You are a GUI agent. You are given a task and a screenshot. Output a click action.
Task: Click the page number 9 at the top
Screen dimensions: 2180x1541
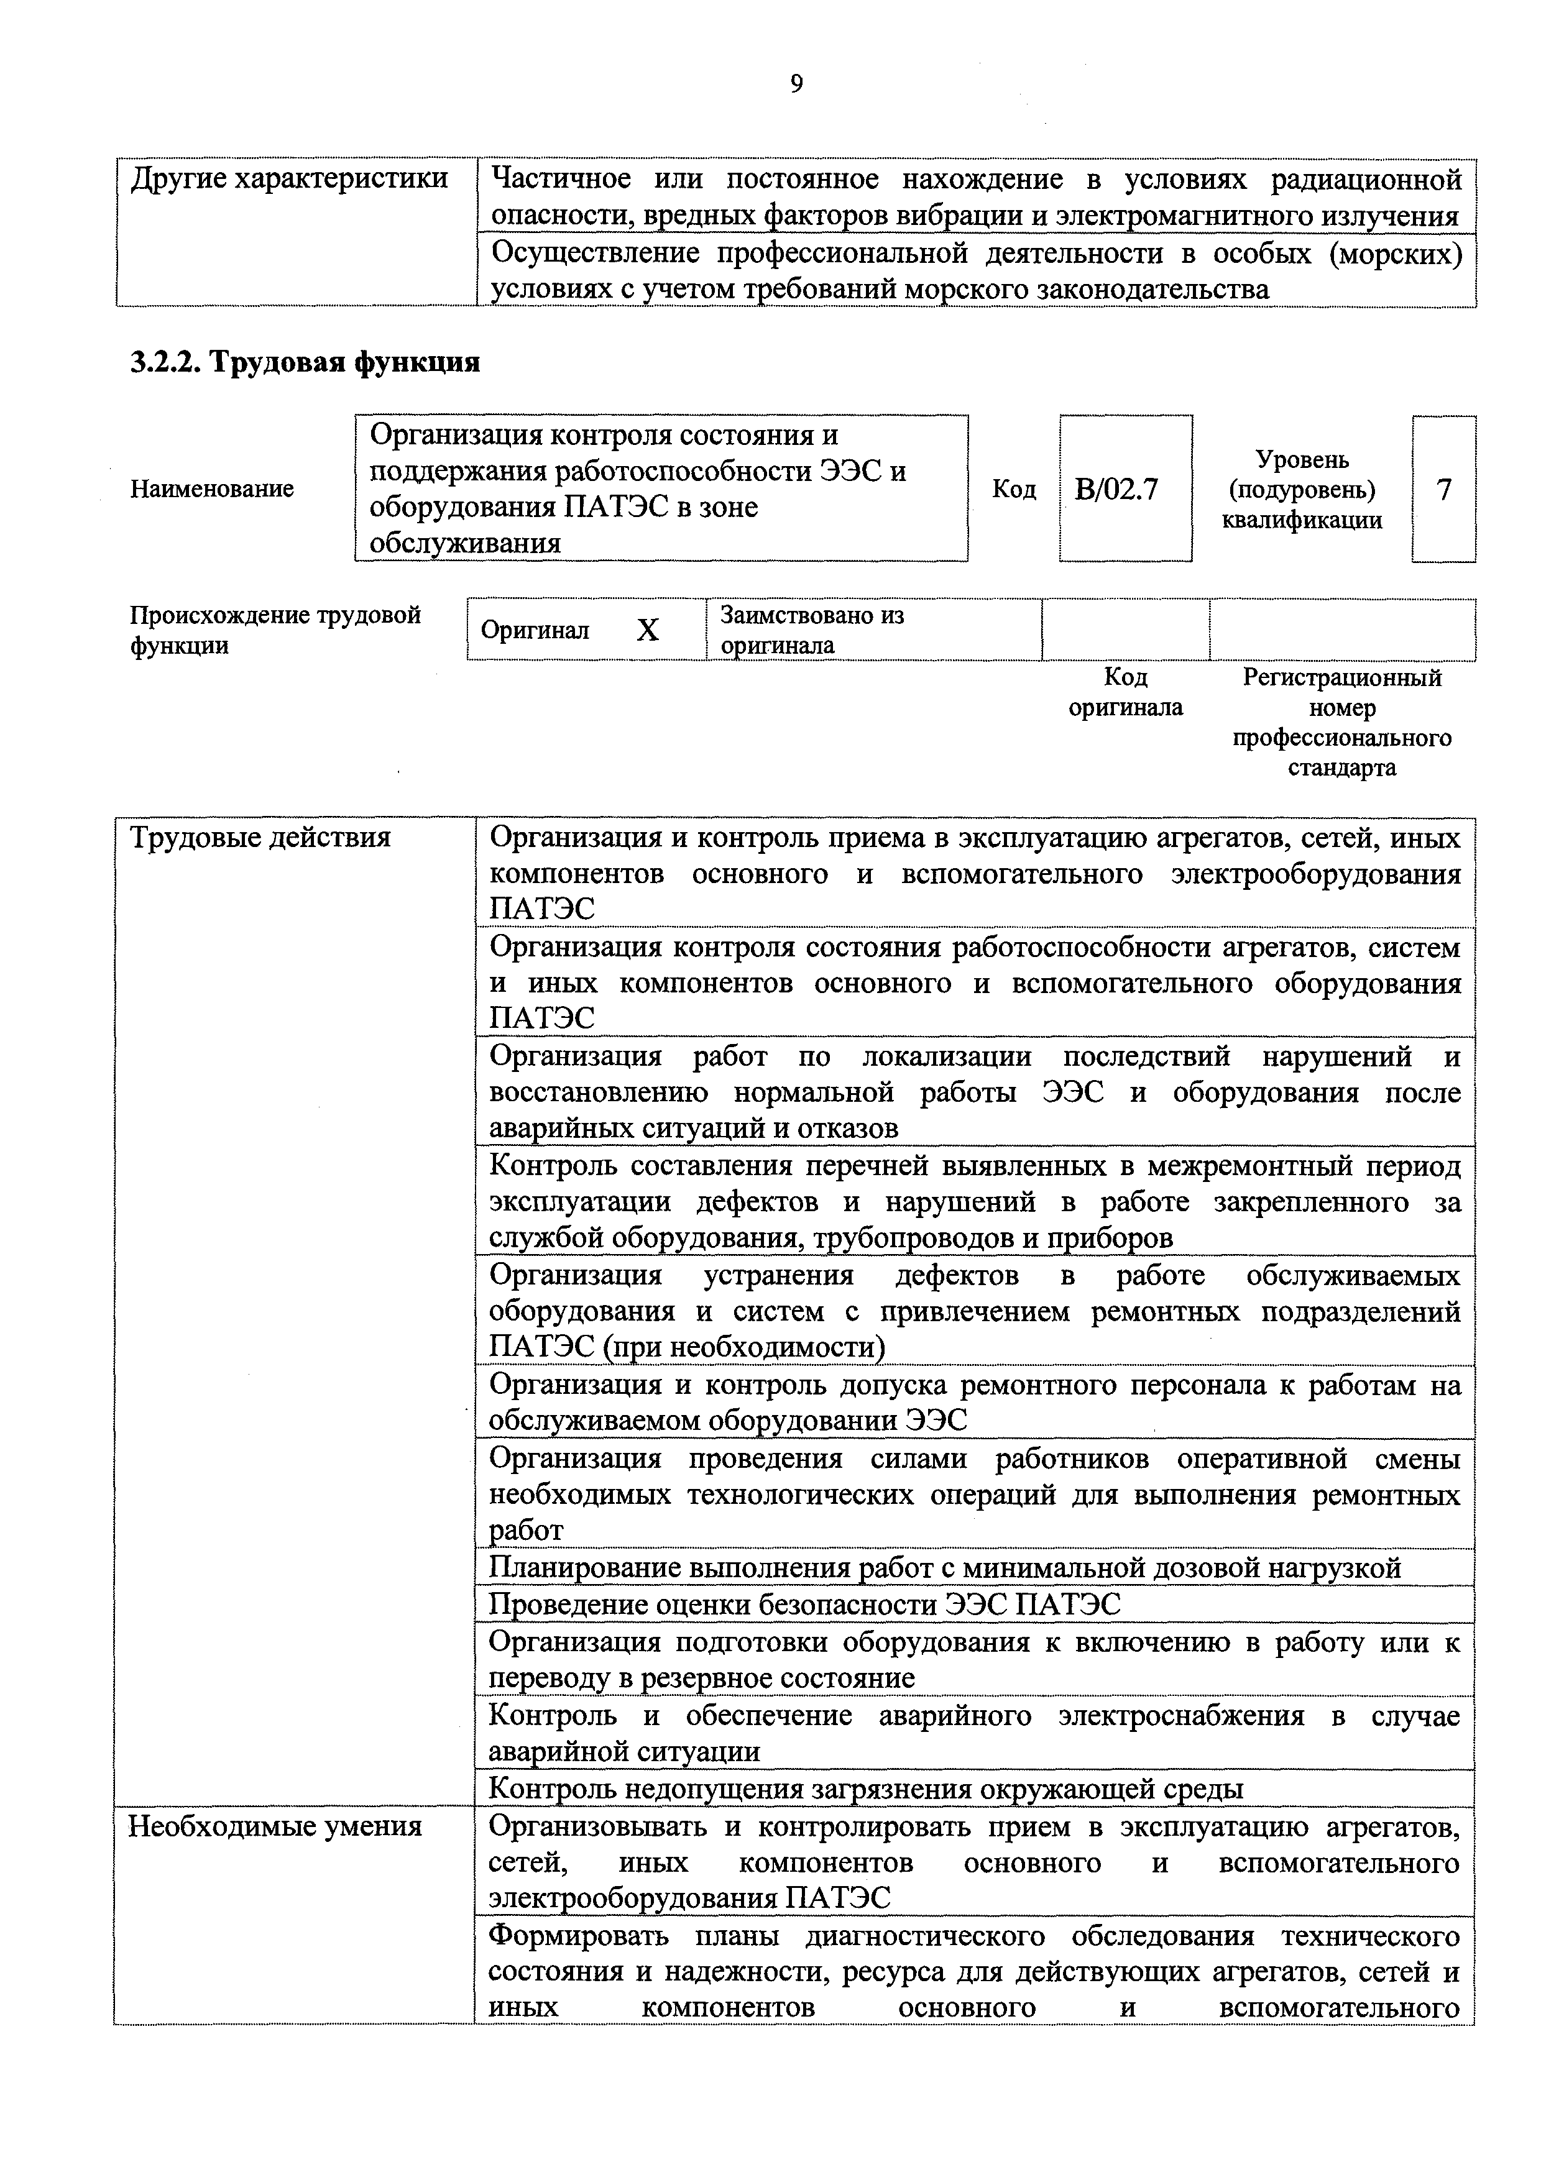796,85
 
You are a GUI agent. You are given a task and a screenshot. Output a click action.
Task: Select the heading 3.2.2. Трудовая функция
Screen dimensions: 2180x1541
304,362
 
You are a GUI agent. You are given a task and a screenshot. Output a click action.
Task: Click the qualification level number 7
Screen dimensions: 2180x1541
1443,489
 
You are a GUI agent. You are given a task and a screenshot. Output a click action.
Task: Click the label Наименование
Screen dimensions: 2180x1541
212,489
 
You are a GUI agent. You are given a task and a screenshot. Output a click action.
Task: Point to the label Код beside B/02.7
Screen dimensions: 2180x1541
1013,489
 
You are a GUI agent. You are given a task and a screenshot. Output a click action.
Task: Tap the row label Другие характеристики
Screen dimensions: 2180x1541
288,178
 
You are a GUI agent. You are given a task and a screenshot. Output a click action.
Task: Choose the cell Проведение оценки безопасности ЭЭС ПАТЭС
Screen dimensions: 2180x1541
804,1605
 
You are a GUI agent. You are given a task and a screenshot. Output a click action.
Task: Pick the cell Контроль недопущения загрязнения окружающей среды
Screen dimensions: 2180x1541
865,1789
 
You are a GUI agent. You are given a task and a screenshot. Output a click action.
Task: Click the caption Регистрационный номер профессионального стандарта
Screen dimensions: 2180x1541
1341,723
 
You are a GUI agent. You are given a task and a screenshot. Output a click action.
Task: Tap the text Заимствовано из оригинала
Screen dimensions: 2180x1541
812,630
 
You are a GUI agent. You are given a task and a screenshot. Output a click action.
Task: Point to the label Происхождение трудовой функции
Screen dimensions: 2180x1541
275,630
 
